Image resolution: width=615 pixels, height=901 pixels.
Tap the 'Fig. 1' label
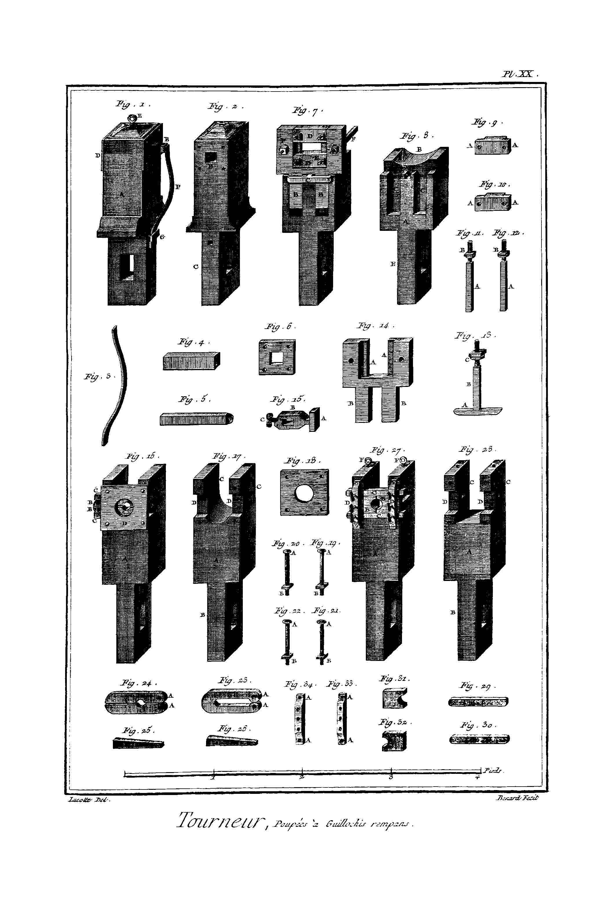(132, 104)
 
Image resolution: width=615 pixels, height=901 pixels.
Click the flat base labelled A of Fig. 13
(478, 411)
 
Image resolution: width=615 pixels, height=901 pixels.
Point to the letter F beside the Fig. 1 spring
(178, 187)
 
